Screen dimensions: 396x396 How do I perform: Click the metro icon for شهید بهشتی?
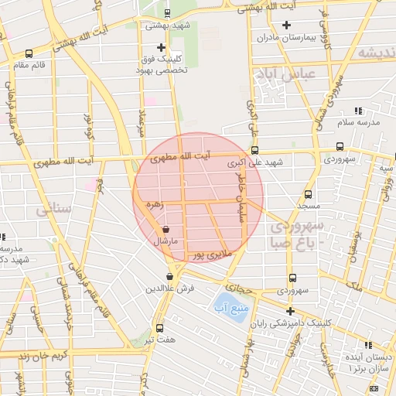169,12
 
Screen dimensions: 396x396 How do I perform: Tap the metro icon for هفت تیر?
160,327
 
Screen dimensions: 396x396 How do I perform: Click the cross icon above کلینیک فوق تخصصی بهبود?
160,47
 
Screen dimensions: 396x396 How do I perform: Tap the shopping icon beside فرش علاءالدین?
169,276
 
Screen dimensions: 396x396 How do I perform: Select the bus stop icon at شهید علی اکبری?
255,152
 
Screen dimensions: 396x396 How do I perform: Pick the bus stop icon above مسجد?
308,195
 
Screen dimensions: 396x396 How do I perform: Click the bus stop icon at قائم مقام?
29,53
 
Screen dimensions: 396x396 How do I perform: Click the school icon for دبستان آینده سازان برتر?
367,345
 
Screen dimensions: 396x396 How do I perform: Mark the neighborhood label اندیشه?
377,53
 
